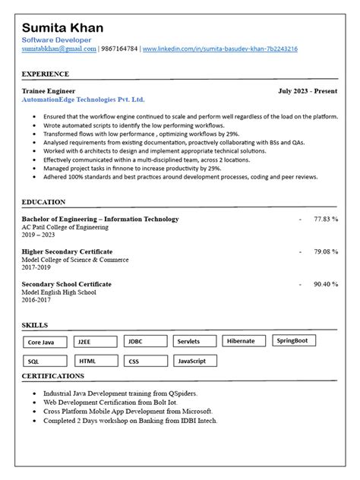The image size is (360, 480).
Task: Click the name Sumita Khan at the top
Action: pos(67,28)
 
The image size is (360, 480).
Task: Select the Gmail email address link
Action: pos(58,49)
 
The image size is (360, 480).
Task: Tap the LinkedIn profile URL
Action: pos(219,49)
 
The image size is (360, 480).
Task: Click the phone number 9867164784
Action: pos(119,49)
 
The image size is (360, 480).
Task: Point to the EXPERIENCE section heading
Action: pos(45,74)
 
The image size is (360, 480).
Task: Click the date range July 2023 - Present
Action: pos(308,90)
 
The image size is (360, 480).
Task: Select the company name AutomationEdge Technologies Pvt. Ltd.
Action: pos(83,99)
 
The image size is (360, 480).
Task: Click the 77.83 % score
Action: pos(326,219)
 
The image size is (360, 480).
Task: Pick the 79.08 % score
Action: pos(326,251)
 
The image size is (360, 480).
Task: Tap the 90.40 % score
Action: pos(326,284)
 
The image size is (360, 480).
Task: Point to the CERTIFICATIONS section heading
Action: pos(52,376)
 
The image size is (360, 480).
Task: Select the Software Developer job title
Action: pos(57,39)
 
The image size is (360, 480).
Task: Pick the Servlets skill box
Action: pos(194,342)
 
